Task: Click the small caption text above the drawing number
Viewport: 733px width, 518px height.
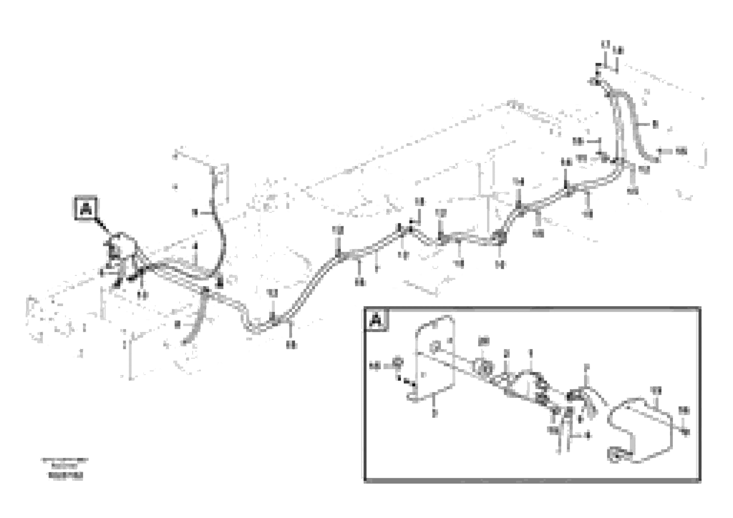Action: [x=65, y=461]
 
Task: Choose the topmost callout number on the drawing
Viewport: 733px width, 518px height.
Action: [x=605, y=44]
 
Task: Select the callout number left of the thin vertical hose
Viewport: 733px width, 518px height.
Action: [x=195, y=213]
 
